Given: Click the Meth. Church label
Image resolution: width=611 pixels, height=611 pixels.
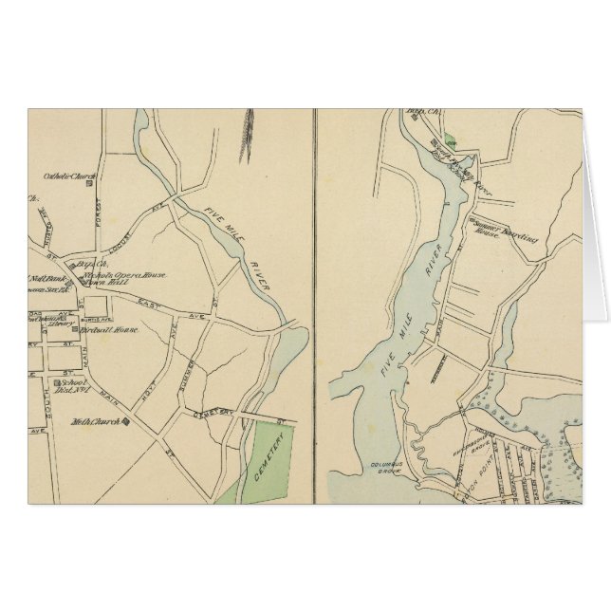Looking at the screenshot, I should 92,421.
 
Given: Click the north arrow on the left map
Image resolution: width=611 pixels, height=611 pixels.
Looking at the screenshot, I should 252,139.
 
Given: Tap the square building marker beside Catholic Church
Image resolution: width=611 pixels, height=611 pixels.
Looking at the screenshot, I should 89,184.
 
